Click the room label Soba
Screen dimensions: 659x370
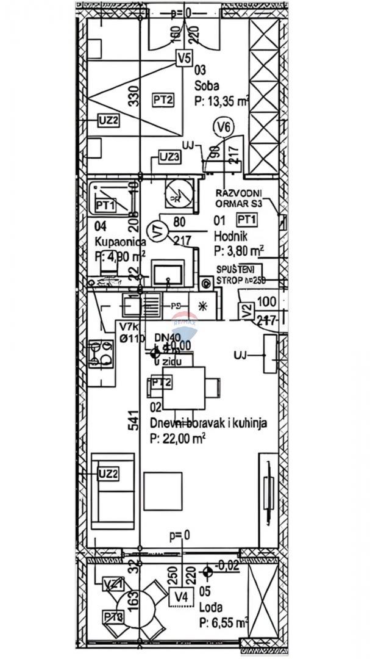[x=206, y=86]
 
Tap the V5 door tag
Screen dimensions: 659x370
[x=183, y=59]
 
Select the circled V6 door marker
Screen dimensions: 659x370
[x=224, y=127]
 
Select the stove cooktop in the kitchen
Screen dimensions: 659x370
[x=101, y=354]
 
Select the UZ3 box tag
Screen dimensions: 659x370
[x=169, y=157]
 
